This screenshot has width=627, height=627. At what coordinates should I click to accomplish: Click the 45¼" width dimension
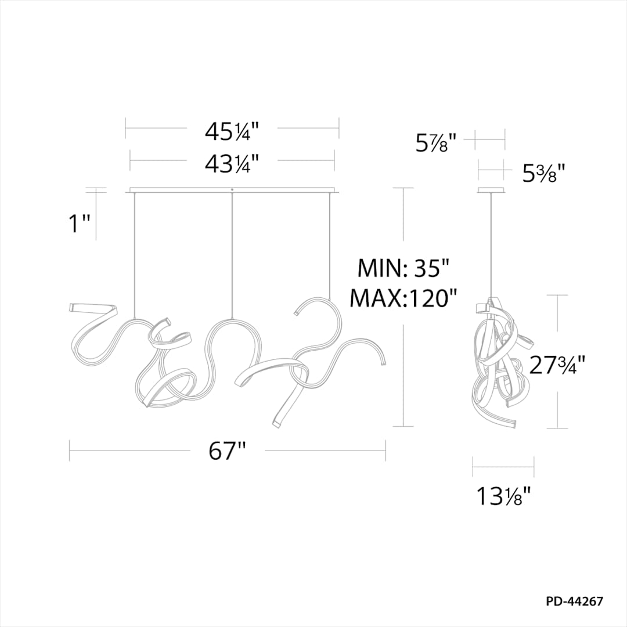pyautogui.click(x=231, y=132)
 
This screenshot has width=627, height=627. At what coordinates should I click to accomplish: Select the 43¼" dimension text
pyautogui.click(x=231, y=164)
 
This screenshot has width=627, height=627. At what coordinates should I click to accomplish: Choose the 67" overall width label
pyautogui.click(x=228, y=451)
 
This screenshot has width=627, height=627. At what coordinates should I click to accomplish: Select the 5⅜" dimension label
pyautogui.click(x=543, y=173)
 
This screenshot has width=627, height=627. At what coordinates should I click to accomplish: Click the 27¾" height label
pyautogui.click(x=557, y=365)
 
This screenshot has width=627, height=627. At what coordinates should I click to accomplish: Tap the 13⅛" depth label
pyautogui.click(x=503, y=496)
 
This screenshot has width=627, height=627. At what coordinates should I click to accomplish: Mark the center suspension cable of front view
pyautogui.click(x=232, y=255)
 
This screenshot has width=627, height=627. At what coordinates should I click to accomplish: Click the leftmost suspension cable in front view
pyautogui.click(x=135, y=255)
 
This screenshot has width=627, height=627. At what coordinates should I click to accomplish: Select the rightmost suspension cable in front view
pyautogui.click(x=330, y=244)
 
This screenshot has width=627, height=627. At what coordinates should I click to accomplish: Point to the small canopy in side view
pyautogui.click(x=492, y=190)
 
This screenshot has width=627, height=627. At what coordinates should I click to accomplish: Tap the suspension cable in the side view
pyautogui.click(x=492, y=244)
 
